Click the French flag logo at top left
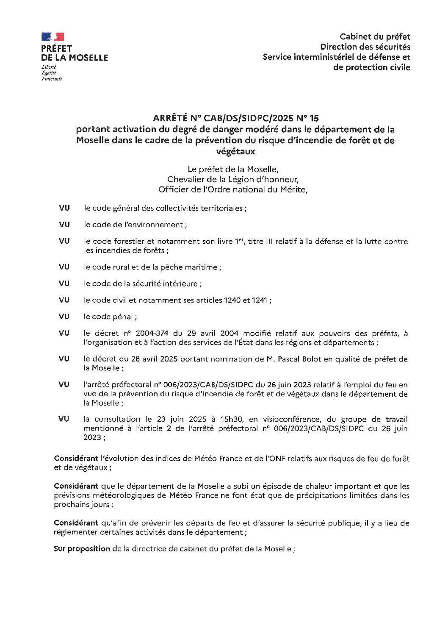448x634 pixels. pyautogui.click(x=53, y=37)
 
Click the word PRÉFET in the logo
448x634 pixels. pyautogui.click(x=57, y=49)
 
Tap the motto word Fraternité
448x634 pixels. pyautogui.click(x=52, y=79)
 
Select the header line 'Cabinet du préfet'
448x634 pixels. pyautogui.click(x=375, y=37)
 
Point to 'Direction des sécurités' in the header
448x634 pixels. pyautogui.click(x=365, y=47)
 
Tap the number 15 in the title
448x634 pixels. pyautogui.click(x=314, y=118)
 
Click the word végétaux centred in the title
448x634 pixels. pyautogui.click(x=235, y=151)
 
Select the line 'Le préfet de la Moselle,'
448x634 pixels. pyautogui.click(x=233, y=170)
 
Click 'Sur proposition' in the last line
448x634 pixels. pyautogui.click(x=82, y=549)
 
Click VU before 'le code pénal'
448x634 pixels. pyautogui.click(x=64, y=317)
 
